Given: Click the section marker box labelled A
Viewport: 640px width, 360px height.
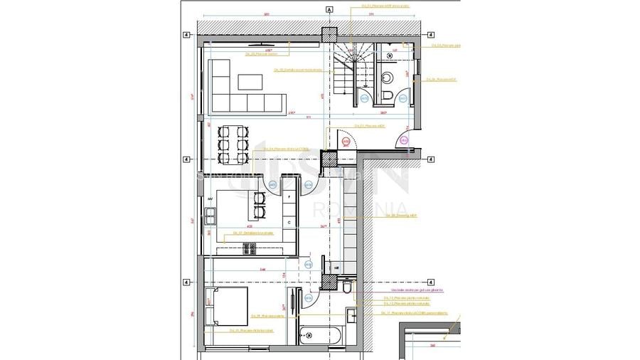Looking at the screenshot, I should click(329, 10).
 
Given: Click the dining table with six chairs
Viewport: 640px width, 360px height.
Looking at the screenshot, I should click(233, 144).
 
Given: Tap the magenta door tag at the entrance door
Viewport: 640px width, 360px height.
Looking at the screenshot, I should click(403, 141).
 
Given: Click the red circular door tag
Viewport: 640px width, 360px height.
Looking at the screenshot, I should click(346, 142).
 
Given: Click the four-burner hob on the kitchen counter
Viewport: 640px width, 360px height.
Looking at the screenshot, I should click(249, 248).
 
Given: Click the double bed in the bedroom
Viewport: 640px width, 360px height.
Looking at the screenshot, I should click(228, 306).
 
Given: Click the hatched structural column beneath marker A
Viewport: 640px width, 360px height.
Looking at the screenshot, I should click(329, 35).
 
